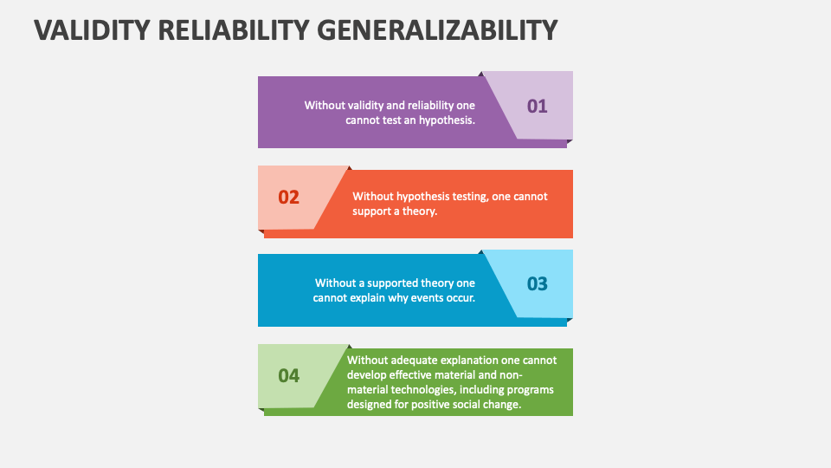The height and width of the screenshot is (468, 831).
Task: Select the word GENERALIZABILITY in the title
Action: tap(441, 30)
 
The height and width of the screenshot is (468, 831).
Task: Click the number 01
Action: tap(538, 106)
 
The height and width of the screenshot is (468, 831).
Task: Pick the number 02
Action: tap(288, 197)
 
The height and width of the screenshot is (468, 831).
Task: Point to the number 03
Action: tap(538, 283)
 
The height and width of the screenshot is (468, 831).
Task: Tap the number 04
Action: tap(288, 375)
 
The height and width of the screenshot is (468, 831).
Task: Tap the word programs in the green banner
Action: tap(531, 389)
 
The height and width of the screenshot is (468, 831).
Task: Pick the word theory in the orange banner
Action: tap(419, 211)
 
